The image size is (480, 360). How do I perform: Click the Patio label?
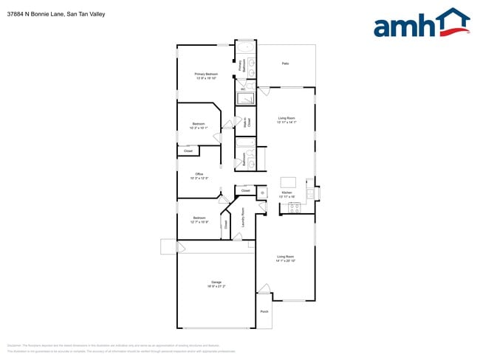point(285,64)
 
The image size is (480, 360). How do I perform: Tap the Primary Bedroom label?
point(206,74)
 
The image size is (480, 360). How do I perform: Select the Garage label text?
point(216,282)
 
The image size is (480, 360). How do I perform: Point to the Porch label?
point(264,311)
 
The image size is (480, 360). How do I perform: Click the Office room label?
point(199,174)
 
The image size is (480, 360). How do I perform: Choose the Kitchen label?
point(287,193)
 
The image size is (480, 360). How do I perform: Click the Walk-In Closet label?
point(247,122)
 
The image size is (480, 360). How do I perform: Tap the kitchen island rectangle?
point(287,181)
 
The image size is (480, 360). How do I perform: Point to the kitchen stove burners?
point(292,207)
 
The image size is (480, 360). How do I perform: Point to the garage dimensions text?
point(216,286)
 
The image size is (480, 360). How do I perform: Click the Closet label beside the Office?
point(188,151)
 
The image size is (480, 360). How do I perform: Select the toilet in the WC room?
point(251,89)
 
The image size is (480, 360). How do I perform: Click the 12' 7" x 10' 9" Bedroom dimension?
point(199,222)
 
